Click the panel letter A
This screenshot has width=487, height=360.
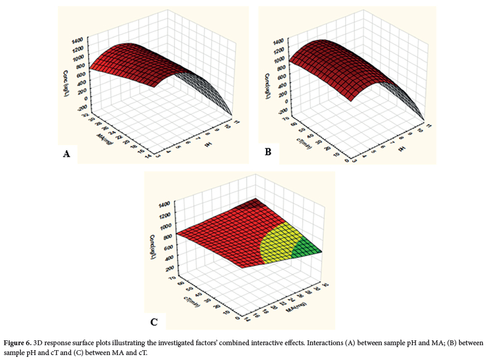[66, 154]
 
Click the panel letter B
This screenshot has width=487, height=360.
[267, 151]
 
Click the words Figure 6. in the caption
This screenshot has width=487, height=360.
[20, 343]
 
